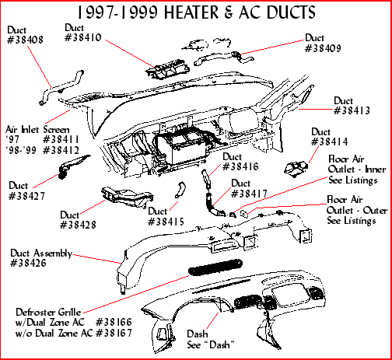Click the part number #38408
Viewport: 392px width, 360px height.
(25, 40)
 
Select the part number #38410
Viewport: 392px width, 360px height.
(83, 37)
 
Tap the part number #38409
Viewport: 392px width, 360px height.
(323, 48)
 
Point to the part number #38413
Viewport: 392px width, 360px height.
(352, 111)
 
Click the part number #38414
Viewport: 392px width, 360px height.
(330, 142)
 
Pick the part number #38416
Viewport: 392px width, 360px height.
(240, 166)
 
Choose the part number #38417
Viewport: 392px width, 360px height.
(249, 194)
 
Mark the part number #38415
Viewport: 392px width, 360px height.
(166, 222)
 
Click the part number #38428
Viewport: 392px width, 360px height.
(78, 225)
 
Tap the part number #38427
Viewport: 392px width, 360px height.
(26, 196)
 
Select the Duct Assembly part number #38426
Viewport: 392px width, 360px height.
(28, 263)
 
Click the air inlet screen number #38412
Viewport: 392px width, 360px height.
(61, 150)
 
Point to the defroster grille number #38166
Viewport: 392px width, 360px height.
(114, 322)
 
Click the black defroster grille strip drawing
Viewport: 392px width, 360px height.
(215, 267)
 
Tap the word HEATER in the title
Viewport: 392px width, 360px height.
(191, 12)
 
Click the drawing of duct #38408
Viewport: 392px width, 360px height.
(61, 87)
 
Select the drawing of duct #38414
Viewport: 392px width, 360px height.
(296, 169)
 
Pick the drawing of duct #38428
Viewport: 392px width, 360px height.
(127, 197)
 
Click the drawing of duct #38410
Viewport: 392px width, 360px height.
(167, 70)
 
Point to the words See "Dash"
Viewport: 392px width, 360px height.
(211, 345)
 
